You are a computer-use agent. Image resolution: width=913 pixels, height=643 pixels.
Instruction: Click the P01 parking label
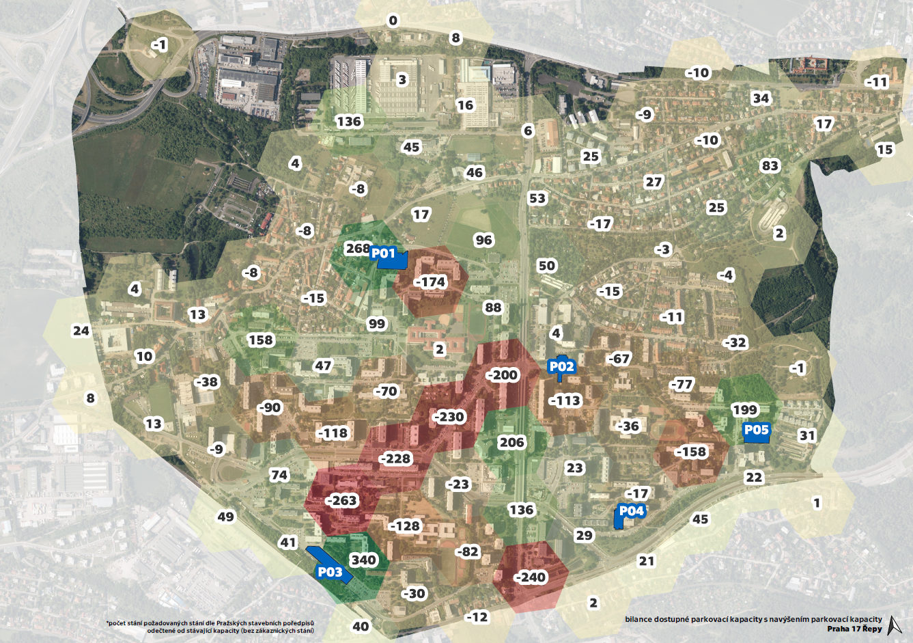[x=383, y=254]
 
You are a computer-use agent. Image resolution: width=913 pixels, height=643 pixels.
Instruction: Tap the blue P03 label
[x=330, y=572]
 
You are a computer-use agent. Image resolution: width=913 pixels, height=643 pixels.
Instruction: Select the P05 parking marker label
[x=756, y=430]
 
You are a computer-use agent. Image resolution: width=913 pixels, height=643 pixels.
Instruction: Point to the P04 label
[x=631, y=511]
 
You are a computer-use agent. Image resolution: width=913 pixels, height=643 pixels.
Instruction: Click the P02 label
[x=561, y=366]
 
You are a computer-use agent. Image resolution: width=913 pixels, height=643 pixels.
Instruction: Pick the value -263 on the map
[x=341, y=500]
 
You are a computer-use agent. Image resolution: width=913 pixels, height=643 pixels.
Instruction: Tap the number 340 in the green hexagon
[x=363, y=560]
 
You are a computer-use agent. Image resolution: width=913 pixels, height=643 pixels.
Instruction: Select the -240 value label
[x=530, y=577]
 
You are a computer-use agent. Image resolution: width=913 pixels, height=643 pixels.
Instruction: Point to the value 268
[x=357, y=248]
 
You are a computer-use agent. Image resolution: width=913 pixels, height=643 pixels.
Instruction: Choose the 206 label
[x=511, y=442]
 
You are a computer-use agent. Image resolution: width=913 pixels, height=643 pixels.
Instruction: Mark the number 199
[x=744, y=410]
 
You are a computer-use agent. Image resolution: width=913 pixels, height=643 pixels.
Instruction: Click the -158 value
[x=690, y=452]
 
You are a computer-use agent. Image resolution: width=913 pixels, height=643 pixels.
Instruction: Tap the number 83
[x=770, y=166]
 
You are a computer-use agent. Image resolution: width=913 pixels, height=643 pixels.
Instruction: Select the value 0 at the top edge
[x=393, y=20]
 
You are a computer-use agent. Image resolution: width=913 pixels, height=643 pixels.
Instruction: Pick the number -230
[x=448, y=417]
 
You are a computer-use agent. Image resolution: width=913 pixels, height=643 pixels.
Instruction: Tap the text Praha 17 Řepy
[x=854, y=629]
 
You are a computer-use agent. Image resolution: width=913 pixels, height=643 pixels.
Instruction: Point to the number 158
[x=260, y=340]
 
